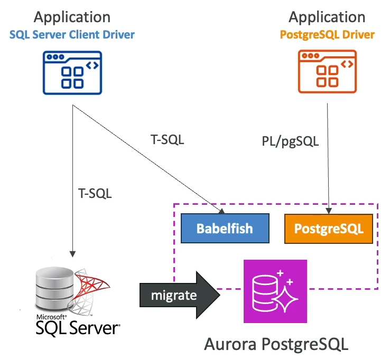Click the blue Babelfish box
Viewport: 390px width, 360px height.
(x=225, y=229)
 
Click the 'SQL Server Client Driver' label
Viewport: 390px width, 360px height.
(x=72, y=35)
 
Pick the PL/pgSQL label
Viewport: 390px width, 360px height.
(x=290, y=142)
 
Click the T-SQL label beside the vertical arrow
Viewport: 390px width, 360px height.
(x=95, y=194)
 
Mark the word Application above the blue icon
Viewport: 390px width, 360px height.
(x=72, y=17)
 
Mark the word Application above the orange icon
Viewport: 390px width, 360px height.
(x=327, y=17)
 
